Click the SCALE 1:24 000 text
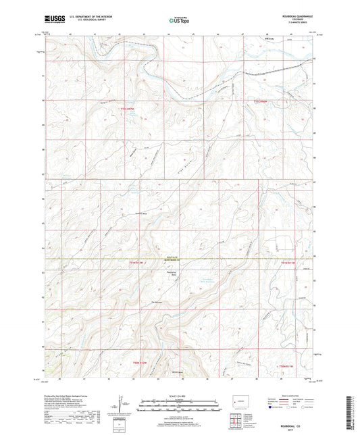[179, 395]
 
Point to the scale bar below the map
[179, 403]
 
